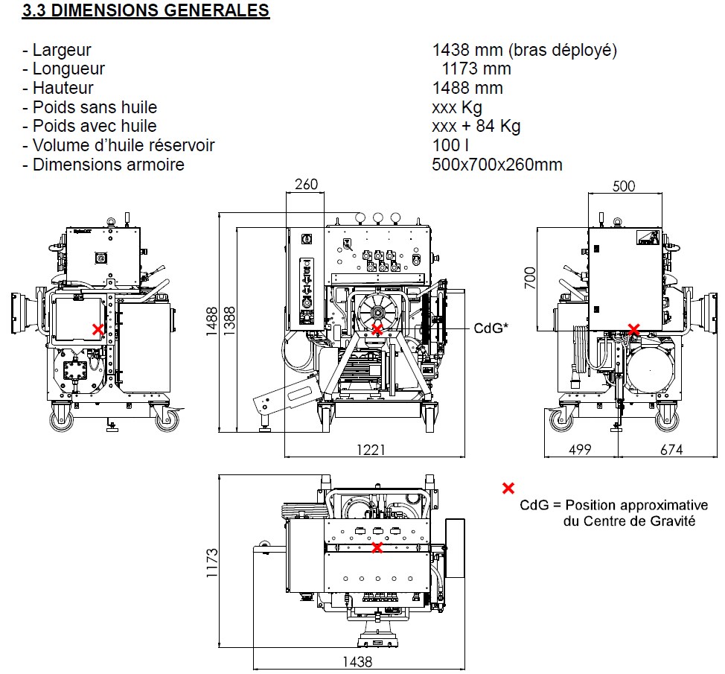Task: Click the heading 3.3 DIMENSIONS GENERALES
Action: pyautogui.click(x=145, y=11)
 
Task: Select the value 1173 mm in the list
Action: pyautogui.click(x=476, y=69)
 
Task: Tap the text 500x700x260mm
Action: pyautogui.click(x=496, y=165)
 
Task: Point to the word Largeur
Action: pyautogui.click(x=62, y=50)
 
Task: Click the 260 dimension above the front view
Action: pyautogui.click(x=306, y=185)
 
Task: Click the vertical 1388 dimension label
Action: pyautogui.click(x=229, y=322)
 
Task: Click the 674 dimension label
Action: pyautogui.click(x=670, y=450)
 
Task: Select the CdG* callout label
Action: pyautogui.click(x=491, y=328)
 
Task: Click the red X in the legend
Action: pyautogui.click(x=508, y=489)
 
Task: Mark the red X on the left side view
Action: pyautogui.click(x=98, y=328)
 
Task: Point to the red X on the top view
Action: pyautogui.click(x=377, y=547)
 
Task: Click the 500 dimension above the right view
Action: pyautogui.click(x=624, y=185)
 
